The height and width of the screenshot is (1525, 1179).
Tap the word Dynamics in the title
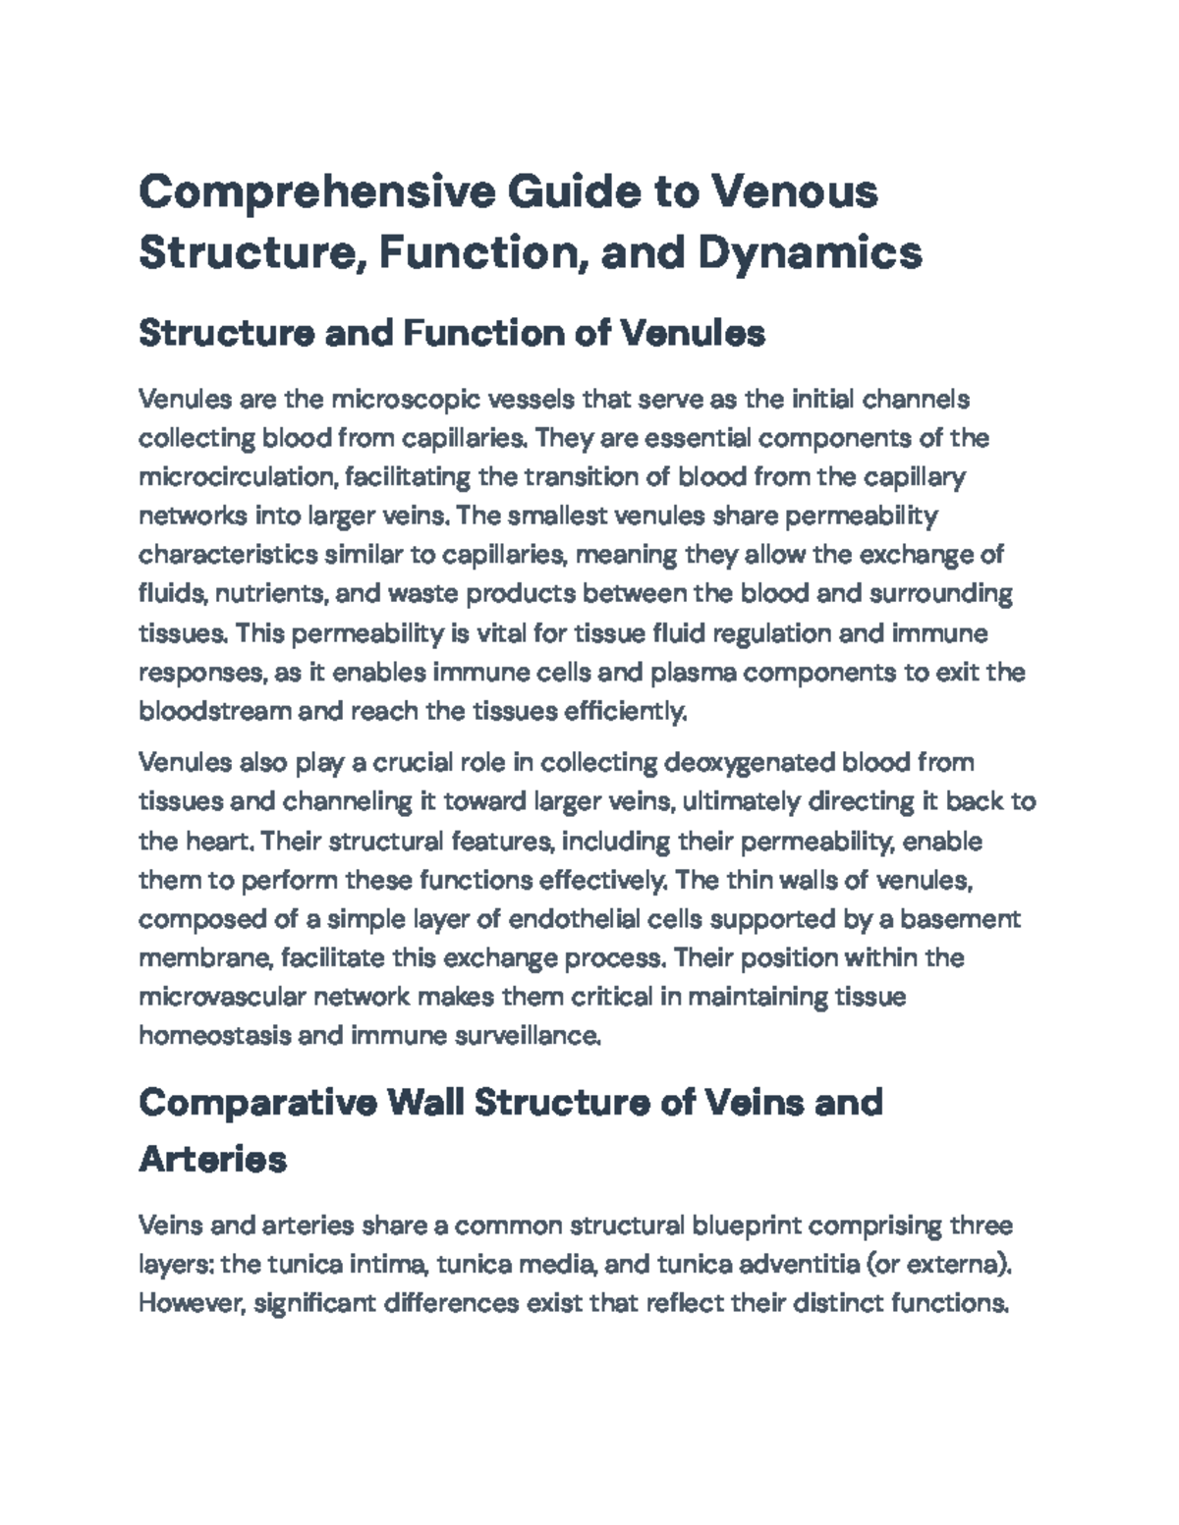coord(811,252)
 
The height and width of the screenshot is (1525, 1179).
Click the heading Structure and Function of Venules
coord(452,334)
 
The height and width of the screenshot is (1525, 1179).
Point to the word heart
coord(221,842)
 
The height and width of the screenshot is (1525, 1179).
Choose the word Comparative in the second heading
coord(257,1103)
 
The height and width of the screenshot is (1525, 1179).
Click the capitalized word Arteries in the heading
coord(213,1160)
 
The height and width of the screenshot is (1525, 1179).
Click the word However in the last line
coord(192,1304)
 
